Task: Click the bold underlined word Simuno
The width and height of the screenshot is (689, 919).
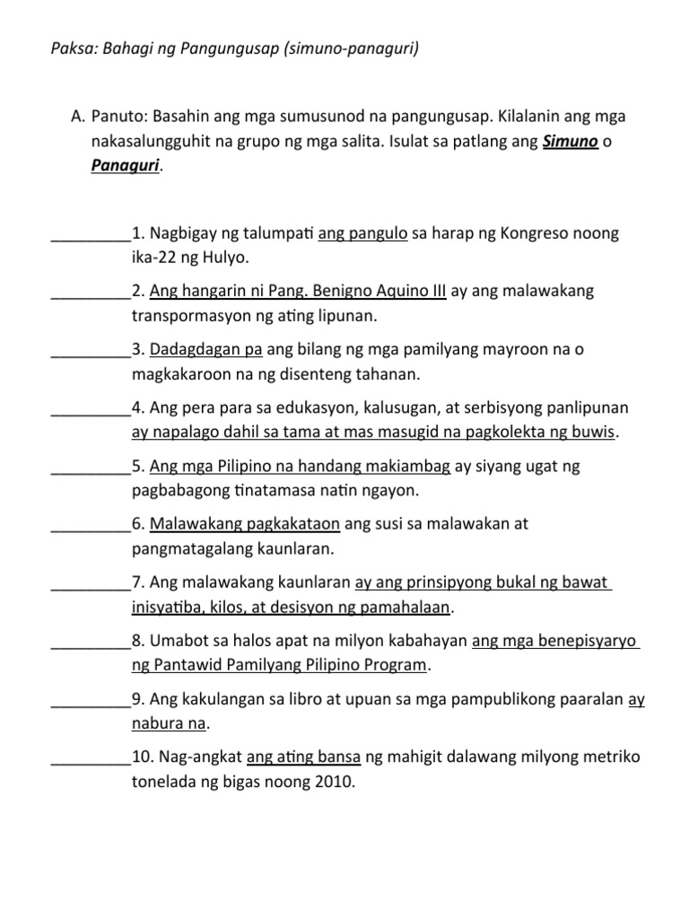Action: [x=571, y=142]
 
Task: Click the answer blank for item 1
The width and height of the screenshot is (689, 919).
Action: [x=91, y=235]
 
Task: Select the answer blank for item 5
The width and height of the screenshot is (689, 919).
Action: [x=91, y=468]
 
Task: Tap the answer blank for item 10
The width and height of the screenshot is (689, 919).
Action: [x=91, y=758]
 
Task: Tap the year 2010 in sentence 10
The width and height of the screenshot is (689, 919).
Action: [x=334, y=782]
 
